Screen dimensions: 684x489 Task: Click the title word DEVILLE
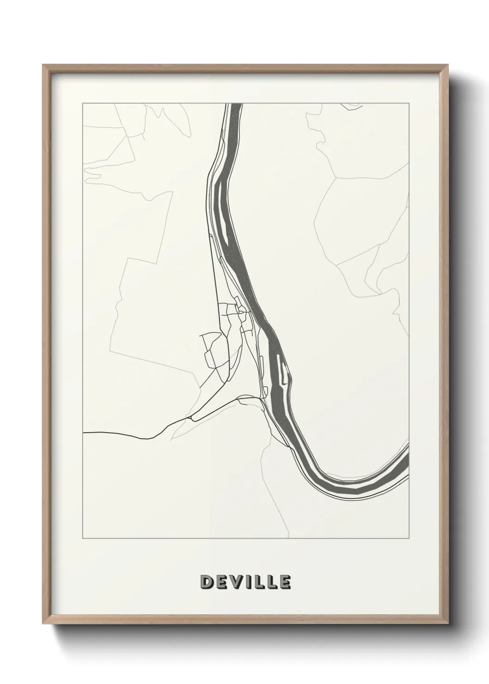(x=245, y=582)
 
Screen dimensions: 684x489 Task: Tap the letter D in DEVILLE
(x=206, y=582)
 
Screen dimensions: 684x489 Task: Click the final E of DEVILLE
(x=285, y=582)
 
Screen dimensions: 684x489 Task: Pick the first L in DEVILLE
(x=259, y=582)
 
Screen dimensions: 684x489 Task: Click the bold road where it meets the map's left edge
(x=83, y=433)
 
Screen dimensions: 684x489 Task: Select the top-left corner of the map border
(x=82, y=103)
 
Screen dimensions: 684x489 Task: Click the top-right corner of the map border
(x=409, y=103)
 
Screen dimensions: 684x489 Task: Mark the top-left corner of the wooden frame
(x=43, y=65)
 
